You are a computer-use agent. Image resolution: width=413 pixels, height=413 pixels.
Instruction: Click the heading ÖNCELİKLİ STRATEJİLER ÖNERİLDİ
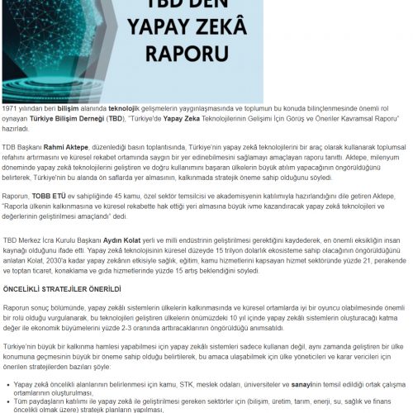point(62,289)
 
